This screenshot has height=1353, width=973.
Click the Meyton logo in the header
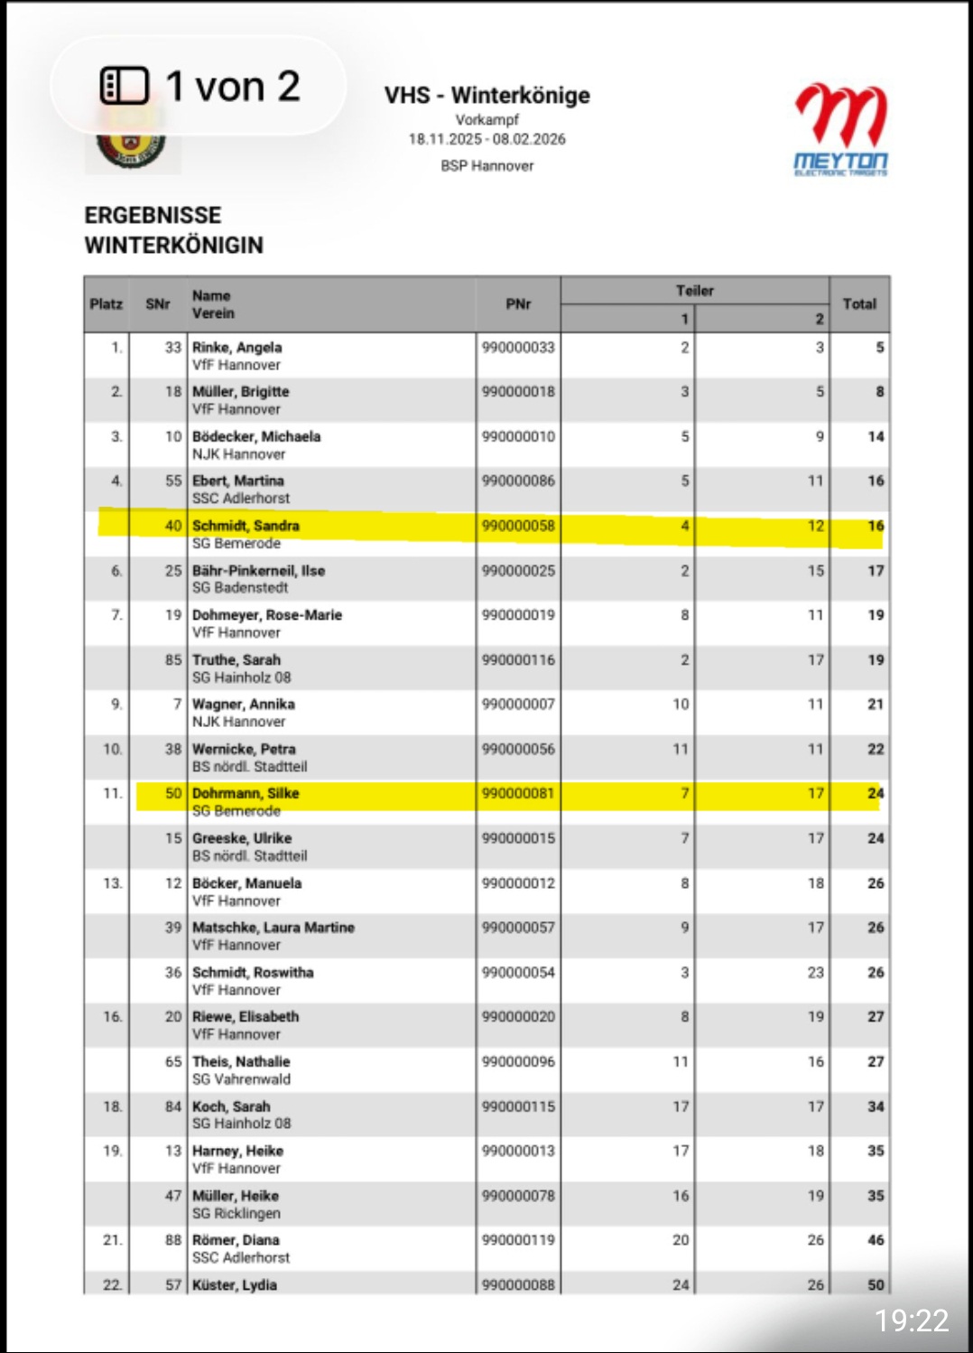[841, 130]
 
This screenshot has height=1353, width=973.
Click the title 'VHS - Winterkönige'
[486, 95]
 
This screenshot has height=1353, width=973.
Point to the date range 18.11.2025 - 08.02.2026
[486, 139]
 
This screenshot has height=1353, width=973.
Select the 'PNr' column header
[518, 304]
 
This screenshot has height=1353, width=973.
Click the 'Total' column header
[859, 304]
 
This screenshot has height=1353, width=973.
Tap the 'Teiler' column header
[694, 291]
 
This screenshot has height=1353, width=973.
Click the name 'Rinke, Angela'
[236, 348]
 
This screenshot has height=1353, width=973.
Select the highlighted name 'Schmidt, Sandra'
[246, 526]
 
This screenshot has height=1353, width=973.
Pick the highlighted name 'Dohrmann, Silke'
[246, 793]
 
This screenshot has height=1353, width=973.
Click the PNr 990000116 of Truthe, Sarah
[518, 660]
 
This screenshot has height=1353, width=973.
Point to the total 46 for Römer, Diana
[876, 1240]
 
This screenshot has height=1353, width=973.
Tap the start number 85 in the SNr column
[173, 660]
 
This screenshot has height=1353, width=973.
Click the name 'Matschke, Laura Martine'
[273, 928]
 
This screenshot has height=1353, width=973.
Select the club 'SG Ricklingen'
[236, 1213]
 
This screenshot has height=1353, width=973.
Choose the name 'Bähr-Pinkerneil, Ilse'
[258, 571]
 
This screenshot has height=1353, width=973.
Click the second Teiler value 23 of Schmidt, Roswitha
[815, 973]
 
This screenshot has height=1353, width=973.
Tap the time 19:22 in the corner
[912, 1320]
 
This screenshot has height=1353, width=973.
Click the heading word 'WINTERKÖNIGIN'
[174, 246]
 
